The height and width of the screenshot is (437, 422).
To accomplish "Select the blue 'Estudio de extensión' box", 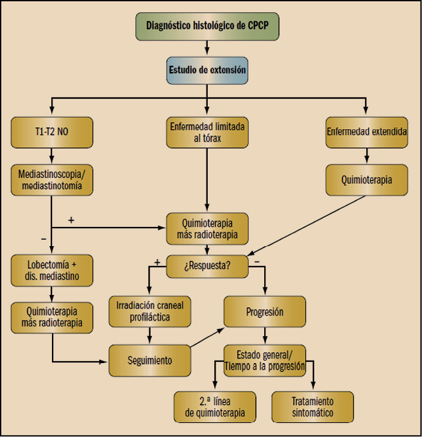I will click(x=207, y=71).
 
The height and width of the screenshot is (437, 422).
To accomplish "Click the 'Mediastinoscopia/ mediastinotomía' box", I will click(x=52, y=181).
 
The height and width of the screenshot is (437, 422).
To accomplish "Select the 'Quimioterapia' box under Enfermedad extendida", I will click(x=366, y=181).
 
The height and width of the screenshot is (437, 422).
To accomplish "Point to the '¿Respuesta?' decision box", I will click(x=207, y=264).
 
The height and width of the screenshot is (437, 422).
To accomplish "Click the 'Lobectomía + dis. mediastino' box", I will click(x=52, y=271).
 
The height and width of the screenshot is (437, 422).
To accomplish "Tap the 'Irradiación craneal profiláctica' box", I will click(x=150, y=310).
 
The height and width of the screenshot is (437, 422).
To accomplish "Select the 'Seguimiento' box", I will click(x=150, y=361).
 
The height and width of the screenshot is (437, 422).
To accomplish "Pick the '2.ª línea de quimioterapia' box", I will click(x=214, y=407).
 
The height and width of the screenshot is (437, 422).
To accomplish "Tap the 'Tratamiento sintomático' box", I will click(x=312, y=407).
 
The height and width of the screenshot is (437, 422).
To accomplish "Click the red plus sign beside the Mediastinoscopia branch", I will click(x=71, y=220).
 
